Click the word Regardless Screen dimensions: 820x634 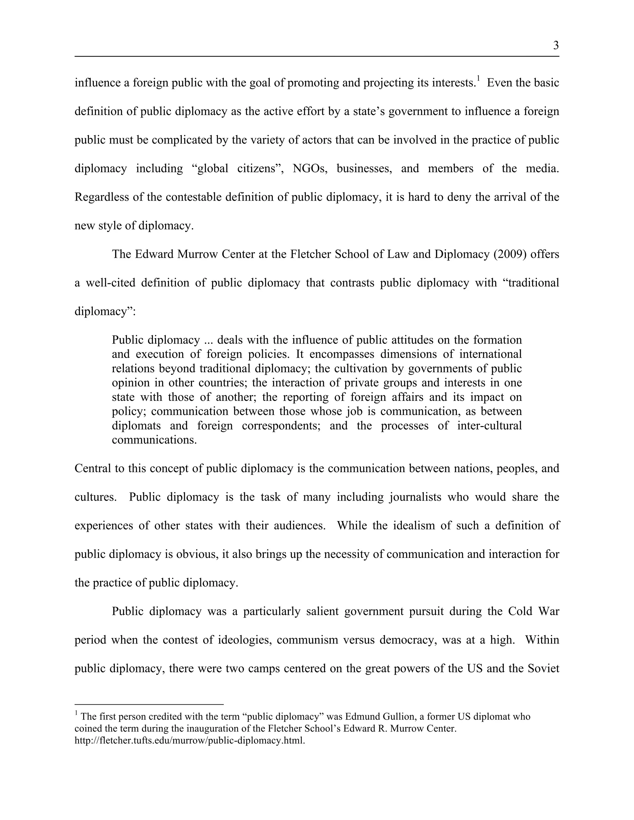click(102, 197)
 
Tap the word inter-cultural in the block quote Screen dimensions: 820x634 click(489, 426)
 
